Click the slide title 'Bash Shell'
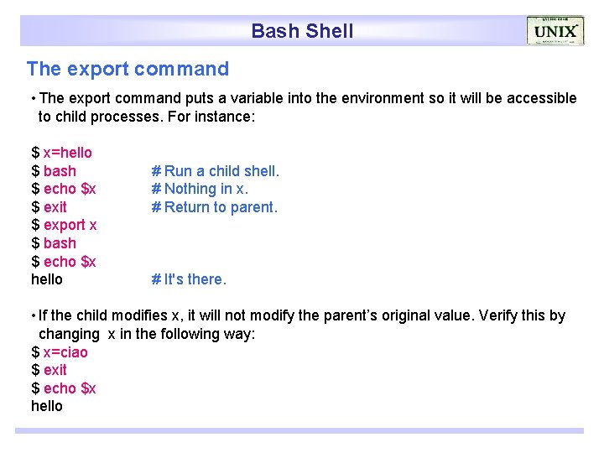coord(302,31)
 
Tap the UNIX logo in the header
coord(555,31)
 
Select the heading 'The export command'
coord(128,69)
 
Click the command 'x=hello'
coord(67,153)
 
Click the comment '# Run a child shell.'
coord(215,171)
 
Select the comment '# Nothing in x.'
coord(200,189)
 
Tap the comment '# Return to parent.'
coord(214,207)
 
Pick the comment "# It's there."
coord(189,279)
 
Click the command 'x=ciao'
coord(65,352)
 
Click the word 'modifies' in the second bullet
coord(137,316)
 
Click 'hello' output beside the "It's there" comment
coord(47,279)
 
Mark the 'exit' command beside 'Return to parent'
coord(55,207)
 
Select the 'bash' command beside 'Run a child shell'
coord(60,171)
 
